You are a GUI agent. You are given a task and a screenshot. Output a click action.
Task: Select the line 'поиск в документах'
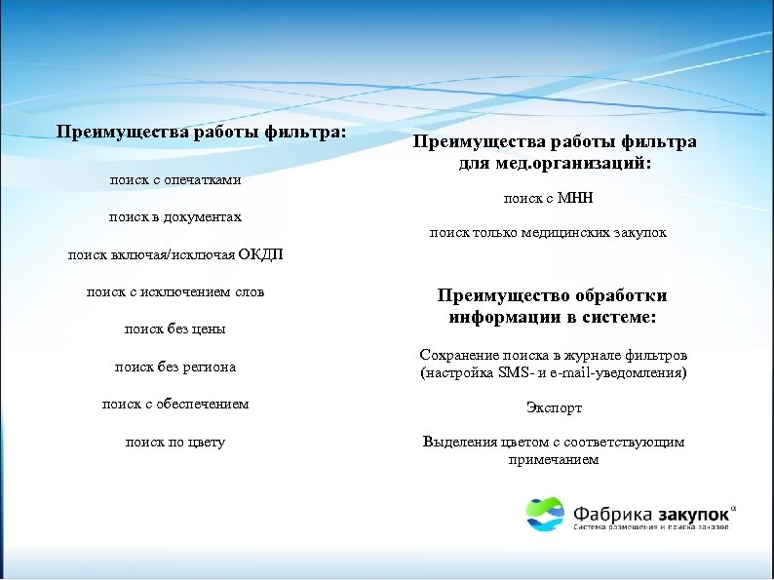[174, 216]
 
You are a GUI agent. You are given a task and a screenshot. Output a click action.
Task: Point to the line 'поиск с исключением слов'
[174, 291]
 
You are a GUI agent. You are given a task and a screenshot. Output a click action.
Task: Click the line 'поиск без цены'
[174, 329]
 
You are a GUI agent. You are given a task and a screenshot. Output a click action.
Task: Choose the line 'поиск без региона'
[174, 367]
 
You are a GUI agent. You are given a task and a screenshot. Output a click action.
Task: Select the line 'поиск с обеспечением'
[174, 404]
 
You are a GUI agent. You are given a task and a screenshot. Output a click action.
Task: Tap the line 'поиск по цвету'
[174, 442]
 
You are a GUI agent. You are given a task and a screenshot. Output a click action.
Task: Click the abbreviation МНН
[575, 198]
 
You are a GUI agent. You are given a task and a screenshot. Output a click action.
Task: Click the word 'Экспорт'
[554, 407]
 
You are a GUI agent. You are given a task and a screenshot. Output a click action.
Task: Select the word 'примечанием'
[554, 458]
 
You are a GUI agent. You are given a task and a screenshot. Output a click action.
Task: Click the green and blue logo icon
[545, 514]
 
